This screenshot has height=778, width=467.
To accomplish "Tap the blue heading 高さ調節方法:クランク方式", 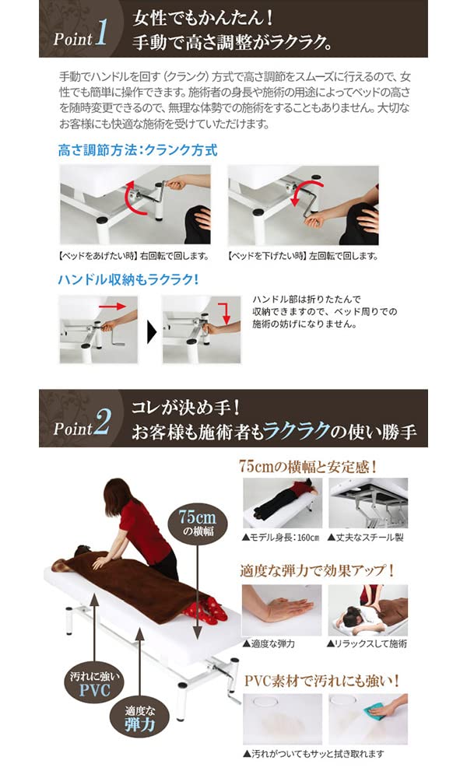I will coord(137,150).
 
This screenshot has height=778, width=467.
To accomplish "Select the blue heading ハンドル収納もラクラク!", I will coord(128,279).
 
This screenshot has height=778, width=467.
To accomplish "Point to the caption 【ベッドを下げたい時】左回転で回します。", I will coord(303,256).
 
